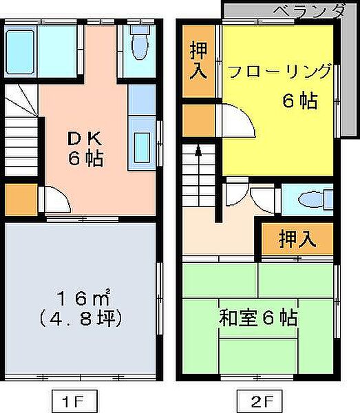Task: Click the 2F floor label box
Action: click(252, 399)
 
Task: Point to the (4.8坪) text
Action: click(83, 319)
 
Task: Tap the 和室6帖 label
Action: click(258, 319)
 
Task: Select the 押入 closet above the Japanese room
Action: click(298, 239)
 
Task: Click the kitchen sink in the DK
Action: click(144, 145)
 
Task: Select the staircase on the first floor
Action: click(23, 138)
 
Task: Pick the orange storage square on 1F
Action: click(21, 199)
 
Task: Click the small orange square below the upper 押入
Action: click(198, 118)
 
